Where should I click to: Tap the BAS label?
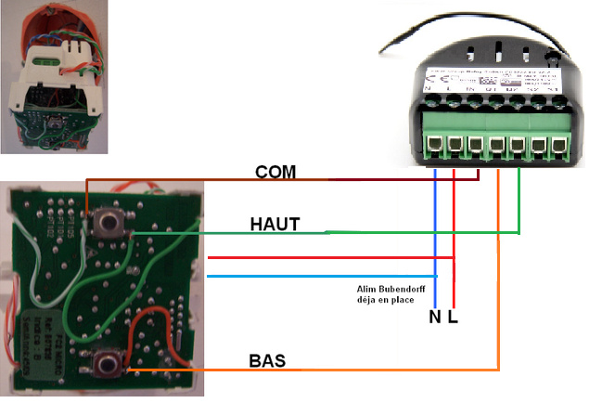[267, 360]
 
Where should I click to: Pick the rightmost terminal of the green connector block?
[558, 147]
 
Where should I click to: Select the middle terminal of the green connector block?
[497, 147]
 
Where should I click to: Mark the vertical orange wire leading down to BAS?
[498, 279]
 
